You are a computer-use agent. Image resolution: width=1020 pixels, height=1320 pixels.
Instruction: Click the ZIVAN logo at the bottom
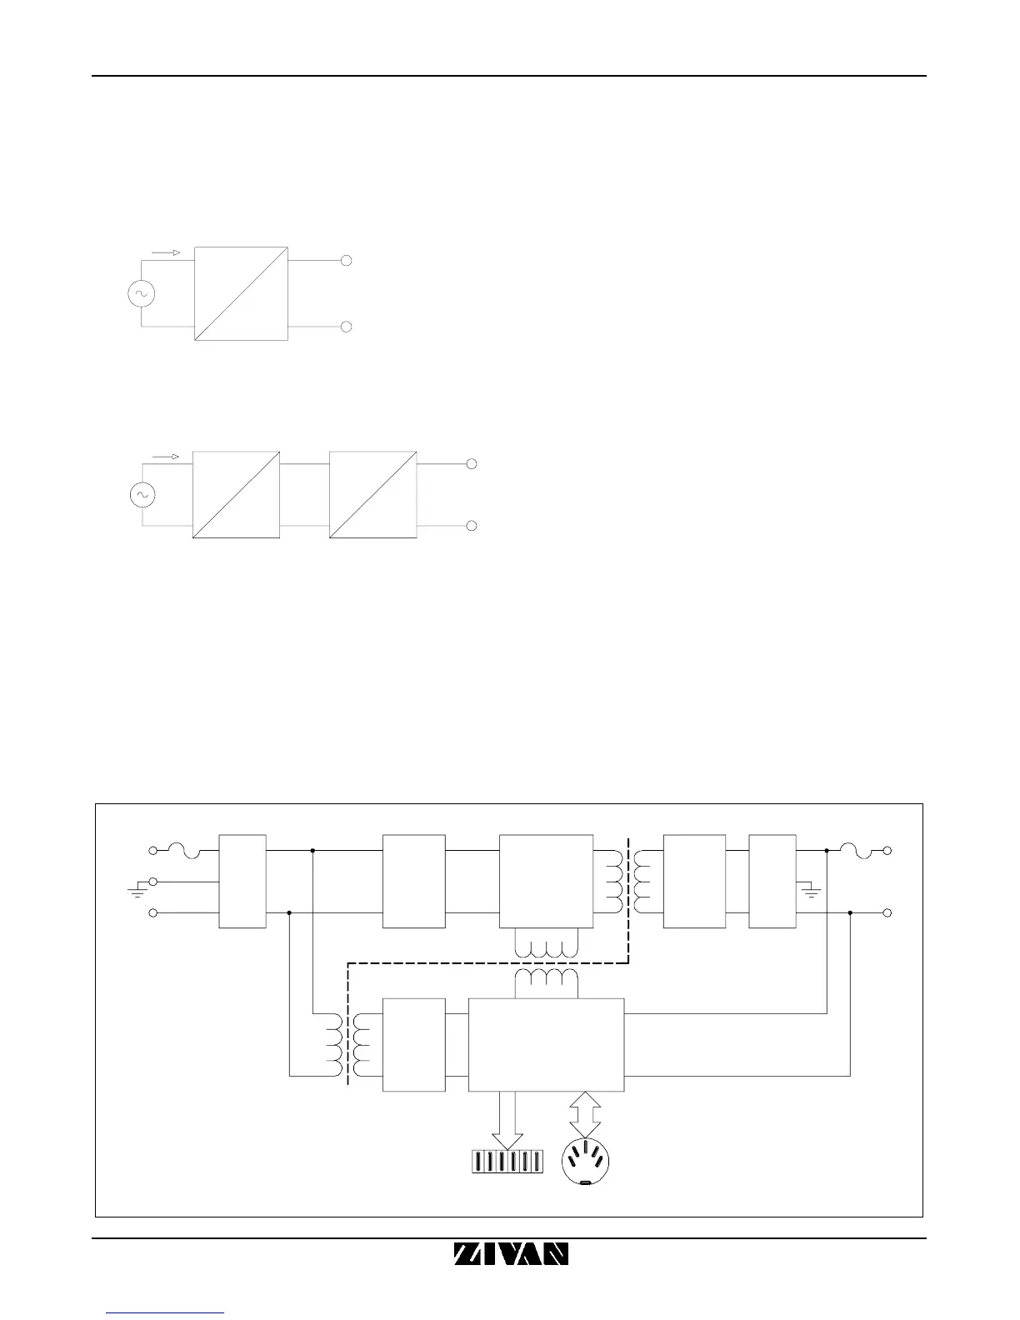click(511, 1254)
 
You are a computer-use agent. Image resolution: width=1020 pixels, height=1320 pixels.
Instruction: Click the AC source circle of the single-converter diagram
click(140, 293)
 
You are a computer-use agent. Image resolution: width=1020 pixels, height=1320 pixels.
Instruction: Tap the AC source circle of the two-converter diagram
click(142, 496)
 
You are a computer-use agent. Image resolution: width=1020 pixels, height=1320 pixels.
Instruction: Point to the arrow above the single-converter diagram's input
click(166, 252)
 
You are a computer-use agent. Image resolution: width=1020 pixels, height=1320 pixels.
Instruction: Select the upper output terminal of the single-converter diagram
click(347, 261)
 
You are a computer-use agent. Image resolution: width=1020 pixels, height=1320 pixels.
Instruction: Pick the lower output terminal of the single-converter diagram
click(347, 327)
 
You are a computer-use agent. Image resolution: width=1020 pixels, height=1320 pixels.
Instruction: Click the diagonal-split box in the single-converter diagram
click(241, 293)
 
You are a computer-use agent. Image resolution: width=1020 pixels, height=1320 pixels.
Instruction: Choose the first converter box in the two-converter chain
click(236, 495)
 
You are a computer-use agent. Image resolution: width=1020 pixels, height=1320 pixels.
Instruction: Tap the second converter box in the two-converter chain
click(373, 495)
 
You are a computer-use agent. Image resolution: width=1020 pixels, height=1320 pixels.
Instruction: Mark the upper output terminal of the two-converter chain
click(472, 463)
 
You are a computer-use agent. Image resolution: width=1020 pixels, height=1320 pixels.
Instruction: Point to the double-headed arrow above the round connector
click(585, 1114)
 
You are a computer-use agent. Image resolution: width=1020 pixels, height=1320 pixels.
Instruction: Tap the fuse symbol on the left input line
click(183, 850)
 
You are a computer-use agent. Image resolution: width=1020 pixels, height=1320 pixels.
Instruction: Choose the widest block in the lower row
click(546, 1044)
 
